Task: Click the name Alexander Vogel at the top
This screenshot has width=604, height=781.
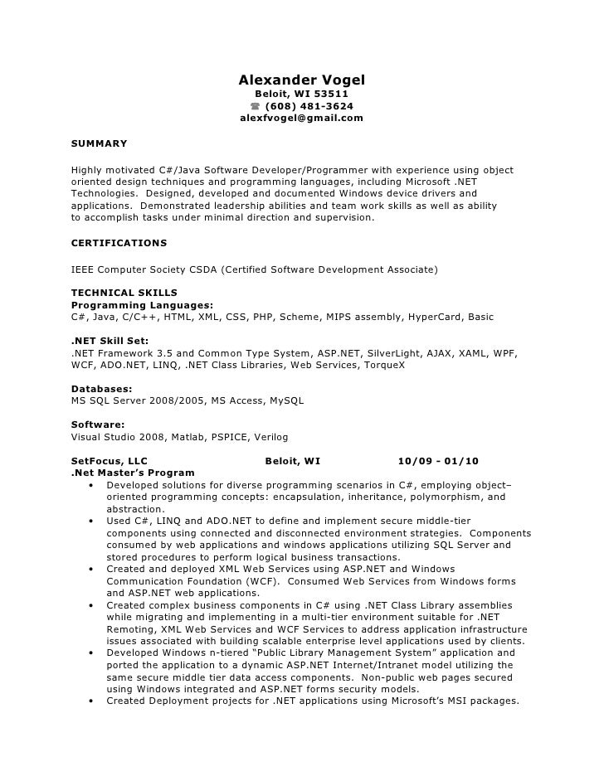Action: coord(302,80)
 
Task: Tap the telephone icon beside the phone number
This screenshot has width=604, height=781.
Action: coord(255,107)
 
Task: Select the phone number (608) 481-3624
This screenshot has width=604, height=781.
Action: coord(309,107)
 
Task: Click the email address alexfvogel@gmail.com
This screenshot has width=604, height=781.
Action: coord(302,119)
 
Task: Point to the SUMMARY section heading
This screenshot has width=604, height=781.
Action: coord(100,143)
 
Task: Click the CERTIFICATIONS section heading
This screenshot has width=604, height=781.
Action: coord(119,243)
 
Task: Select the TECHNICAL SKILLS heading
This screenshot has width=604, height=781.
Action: coord(124,293)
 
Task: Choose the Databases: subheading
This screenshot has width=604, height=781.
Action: coord(101,389)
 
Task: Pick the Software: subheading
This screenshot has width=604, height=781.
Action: coord(98,424)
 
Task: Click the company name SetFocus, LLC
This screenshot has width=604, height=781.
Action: coord(110,461)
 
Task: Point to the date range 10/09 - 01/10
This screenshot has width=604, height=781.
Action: coord(438,461)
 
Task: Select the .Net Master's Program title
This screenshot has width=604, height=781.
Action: coord(133,473)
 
